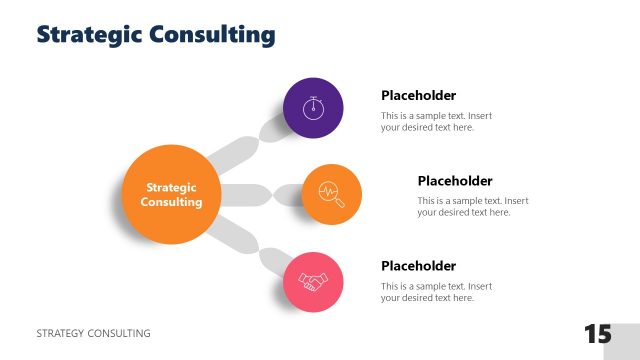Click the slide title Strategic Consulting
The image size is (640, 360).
click(155, 34)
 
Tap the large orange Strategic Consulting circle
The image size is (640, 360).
click(171, 194)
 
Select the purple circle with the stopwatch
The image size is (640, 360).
click(313, 107)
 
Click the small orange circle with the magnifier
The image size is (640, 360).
click(331, 194)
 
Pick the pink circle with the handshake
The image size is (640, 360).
click(313, 282)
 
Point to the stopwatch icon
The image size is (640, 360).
click(313, 106)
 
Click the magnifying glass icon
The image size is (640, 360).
click(331, 193)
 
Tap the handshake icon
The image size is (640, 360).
click(313, 283)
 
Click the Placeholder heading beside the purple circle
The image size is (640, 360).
click(418, 96)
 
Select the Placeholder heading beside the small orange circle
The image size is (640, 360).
click(454, 181)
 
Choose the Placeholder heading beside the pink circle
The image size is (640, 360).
click(418, 266)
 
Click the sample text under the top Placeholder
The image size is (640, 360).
click(436, 122)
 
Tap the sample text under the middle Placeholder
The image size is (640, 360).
click(472, 207)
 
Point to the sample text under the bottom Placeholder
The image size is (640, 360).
click(436, 292)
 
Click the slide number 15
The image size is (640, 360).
click(597, 334)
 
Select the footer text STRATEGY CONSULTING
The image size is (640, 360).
click(93, 333)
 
